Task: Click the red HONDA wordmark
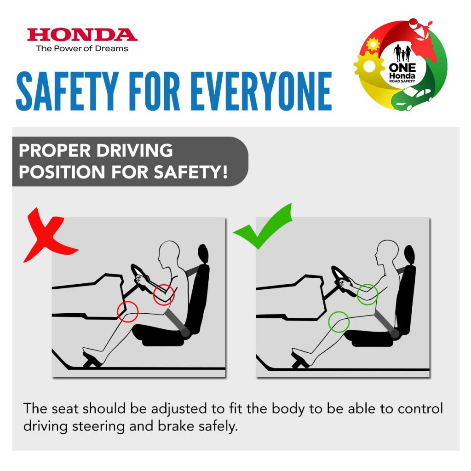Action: (82, 35)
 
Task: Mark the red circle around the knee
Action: (128, 312)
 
